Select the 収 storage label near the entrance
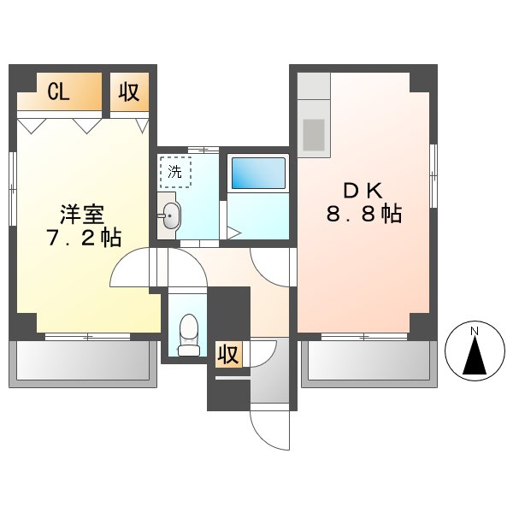pos(227,354)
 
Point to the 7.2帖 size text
pos(82,238)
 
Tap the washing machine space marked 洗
pos(174,172)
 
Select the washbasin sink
pos(169,217)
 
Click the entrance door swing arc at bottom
pos(270,432)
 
